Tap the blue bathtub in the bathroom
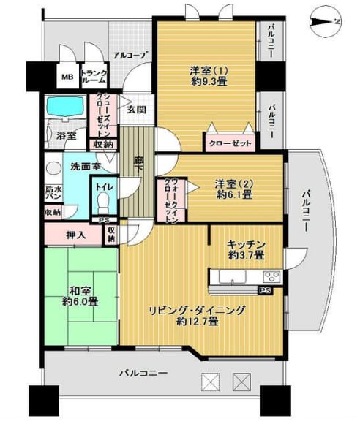click(x=67, y=107)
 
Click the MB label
click(x=67, y=77)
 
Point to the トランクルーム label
click(x=94, y=77)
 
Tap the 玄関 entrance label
click(x=136, y=110)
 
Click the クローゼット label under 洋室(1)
click(x=230, y=143)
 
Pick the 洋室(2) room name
click(x=234, y=183)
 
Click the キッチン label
click(x=246, y=244)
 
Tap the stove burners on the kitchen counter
click(x=271, y=276)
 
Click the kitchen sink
click(x=232, y=276)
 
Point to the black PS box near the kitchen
click(x=265, y=290)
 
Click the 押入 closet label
click(x=76, y=235)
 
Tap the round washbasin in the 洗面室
click(x=54, y=169)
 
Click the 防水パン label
click(x=53, y=192)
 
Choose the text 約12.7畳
click(x=198, y=321)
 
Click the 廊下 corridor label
click(x=138, y=164)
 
